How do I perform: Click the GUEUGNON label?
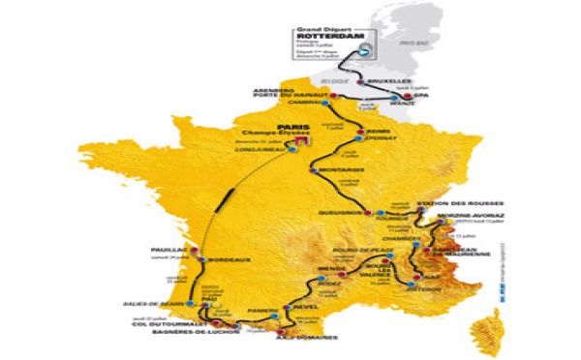click(338, 211)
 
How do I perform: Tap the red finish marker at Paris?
click(302, 140)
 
